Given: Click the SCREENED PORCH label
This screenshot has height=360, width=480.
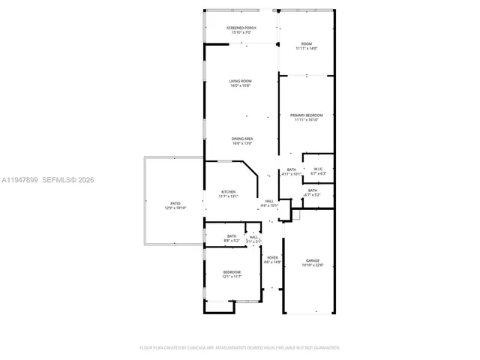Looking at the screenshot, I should [x=241, y=28].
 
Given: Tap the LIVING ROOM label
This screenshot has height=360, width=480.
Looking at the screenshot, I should [x=241, y=81].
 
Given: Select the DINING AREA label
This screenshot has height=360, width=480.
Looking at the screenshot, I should [x=241, y=139].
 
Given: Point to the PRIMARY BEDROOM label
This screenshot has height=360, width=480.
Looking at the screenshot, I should [x=306, y=115].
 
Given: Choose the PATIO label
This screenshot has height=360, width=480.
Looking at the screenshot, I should [x=175, y=203].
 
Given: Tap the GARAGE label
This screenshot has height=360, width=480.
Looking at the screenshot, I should [x=312, y=260].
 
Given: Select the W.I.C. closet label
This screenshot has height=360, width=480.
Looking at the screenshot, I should [x=318, y=169].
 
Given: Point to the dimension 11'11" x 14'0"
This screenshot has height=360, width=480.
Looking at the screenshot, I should [x=306, y=48].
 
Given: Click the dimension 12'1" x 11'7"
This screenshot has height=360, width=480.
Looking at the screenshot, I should [x=231, y=277].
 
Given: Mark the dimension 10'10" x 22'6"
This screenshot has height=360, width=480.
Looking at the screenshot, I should [x=312, y=265].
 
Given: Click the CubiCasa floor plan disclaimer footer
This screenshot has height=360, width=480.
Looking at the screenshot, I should [x=240, y=348].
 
